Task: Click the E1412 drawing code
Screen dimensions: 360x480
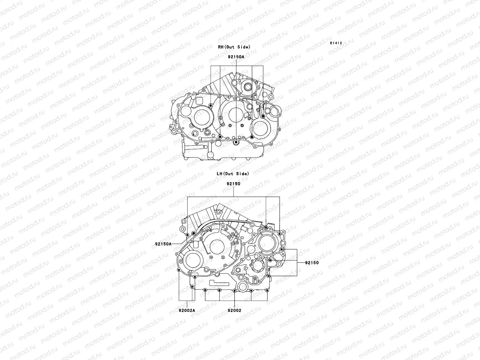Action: click(336, 43)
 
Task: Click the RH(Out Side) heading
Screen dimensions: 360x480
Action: click(234, 47)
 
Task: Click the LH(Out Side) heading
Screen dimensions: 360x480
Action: click(233, 174)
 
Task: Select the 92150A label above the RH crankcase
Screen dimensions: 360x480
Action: click(236, 57)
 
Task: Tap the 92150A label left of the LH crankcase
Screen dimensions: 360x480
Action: click(163, 244)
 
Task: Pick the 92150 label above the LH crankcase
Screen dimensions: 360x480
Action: click(234, 184)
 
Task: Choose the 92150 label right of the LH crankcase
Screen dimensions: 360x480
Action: click(312, 263)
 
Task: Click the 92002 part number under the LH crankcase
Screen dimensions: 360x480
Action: click(234, 310)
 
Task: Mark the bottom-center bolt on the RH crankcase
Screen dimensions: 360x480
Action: click(236, 142)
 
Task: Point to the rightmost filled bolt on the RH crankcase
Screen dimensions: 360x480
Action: click(263, 116)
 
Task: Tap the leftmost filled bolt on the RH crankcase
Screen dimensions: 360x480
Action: click(211, 105)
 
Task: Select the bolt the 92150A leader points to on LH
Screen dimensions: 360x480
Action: click(193, 234)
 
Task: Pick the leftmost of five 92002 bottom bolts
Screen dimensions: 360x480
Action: click(205, 290)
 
